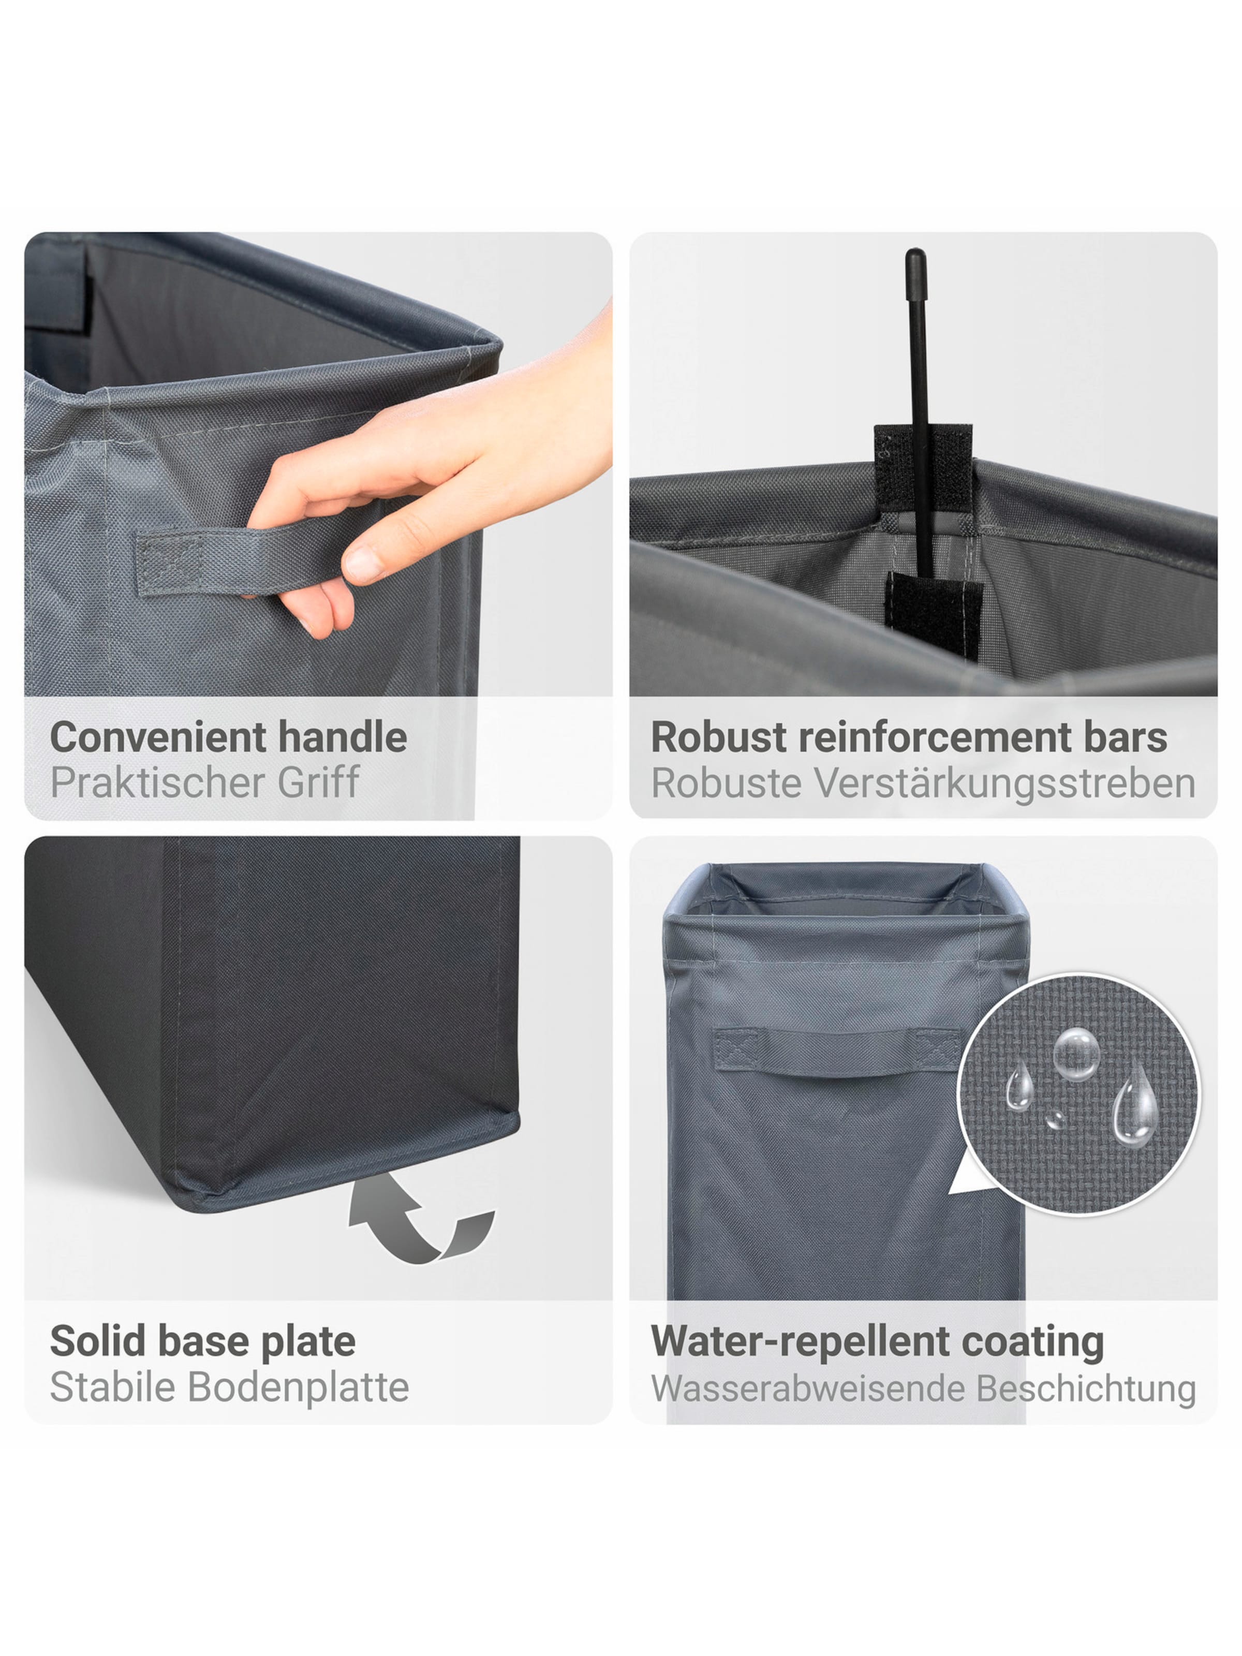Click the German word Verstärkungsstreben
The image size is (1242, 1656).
pos(1004,784)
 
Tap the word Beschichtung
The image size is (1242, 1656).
pos(1086,1388)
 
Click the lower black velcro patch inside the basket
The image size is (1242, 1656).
pos(934,614)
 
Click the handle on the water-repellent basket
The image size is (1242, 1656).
pos(837,1051)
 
